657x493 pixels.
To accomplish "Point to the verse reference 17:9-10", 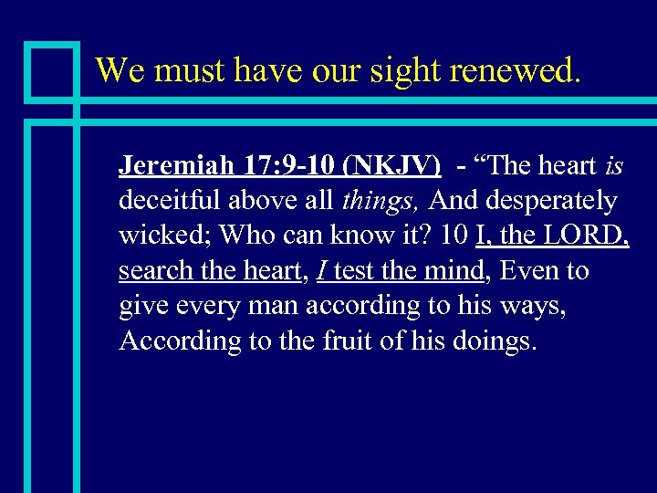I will click(286, 166).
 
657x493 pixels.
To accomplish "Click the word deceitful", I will click(166, 201).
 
